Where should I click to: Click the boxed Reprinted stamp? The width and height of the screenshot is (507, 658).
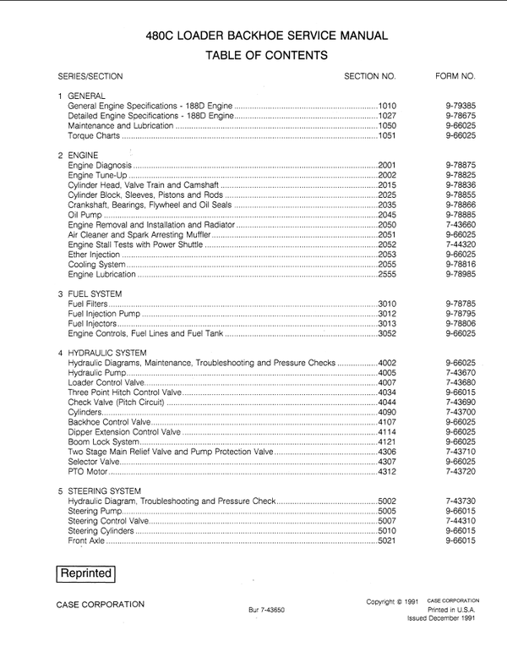click(85, 573)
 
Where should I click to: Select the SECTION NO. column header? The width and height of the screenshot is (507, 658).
click(370, 76)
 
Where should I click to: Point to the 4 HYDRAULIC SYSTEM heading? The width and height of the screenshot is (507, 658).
click(101, 352)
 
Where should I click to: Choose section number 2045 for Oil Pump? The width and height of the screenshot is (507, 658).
click(387, 216)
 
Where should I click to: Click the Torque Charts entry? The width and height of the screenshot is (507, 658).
click(94, 135)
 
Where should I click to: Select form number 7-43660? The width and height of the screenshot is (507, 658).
click(461, 225)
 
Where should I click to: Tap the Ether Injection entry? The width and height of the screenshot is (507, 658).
click(94, 255)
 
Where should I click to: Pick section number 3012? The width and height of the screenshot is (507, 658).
click(387, 314)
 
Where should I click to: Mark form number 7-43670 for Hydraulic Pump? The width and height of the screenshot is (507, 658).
click(461, 372)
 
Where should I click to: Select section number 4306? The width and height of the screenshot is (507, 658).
click(387, 451)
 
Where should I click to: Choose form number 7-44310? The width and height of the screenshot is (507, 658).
click(461, 520)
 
